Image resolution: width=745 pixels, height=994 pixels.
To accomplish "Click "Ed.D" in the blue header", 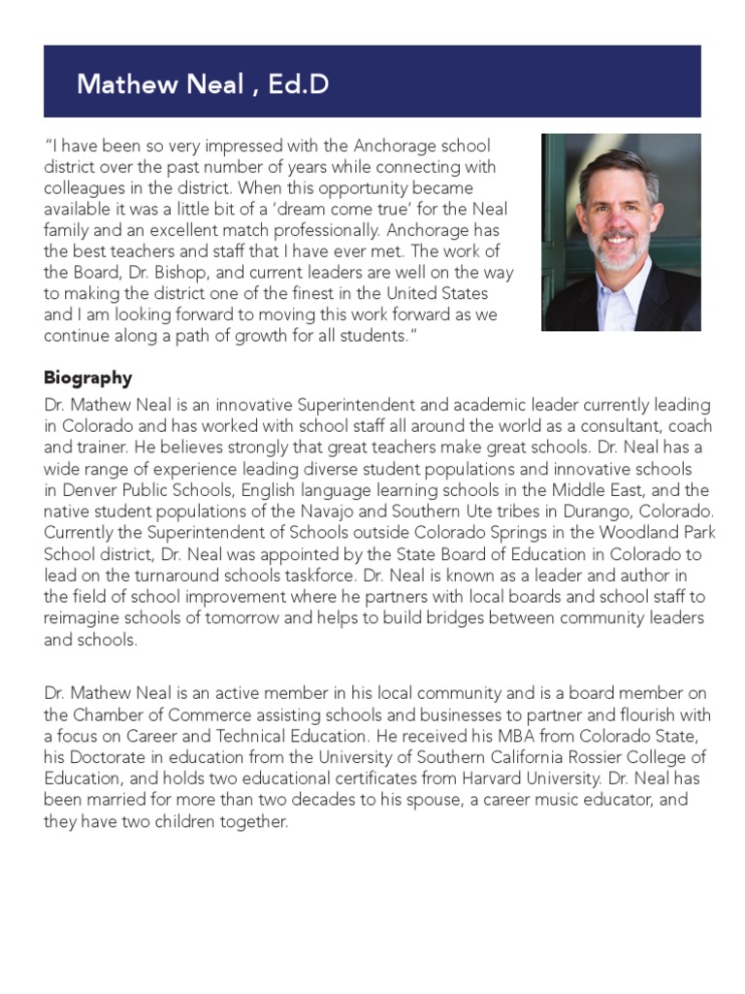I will tap(299, 84).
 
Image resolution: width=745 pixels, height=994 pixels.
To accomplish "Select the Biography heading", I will tap(87, 378).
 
